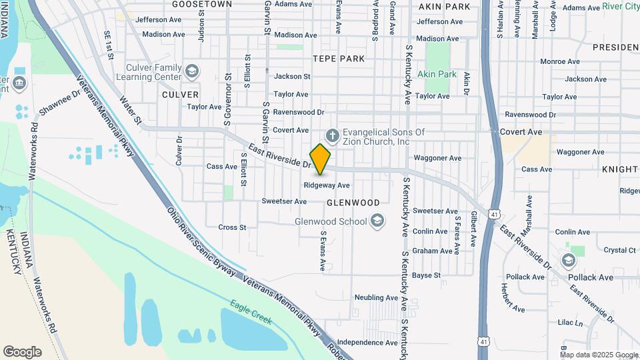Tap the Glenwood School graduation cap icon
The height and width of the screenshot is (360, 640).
(x=377, y=221)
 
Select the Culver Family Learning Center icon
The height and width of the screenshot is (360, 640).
(x=192, y=71)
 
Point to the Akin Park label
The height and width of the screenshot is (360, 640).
(x=437, y=74)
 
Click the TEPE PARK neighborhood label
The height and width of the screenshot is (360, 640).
(x=339, y=59)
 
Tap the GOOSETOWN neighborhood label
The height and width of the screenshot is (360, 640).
(x=202, y=4)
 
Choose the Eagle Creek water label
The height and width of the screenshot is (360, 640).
(x=251, y=311)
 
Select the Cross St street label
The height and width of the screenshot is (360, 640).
(x=232, y=227)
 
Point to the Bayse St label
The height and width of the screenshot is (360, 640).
(x=426, y=275)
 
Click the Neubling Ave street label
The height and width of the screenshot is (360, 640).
(x=376, y=297)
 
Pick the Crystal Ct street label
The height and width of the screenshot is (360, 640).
(x=619, y=250)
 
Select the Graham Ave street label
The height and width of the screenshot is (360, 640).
(x=431, y=251)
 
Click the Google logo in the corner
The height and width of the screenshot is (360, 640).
(x=22, y=351)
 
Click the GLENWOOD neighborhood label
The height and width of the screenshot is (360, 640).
(x=353, y=202)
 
